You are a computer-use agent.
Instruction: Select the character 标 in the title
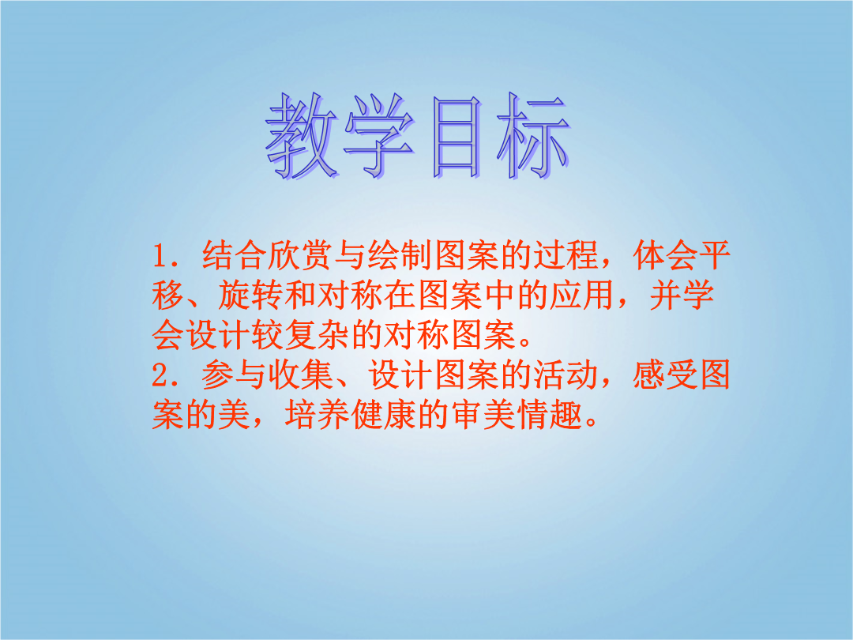click(x=533, y=136)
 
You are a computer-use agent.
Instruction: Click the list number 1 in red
click(x=160, y=256)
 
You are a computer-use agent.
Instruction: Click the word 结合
click(x=235, y=256)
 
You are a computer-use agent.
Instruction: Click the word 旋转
click(x=251, y=296)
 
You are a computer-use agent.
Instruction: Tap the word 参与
click(x=235, y=375)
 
